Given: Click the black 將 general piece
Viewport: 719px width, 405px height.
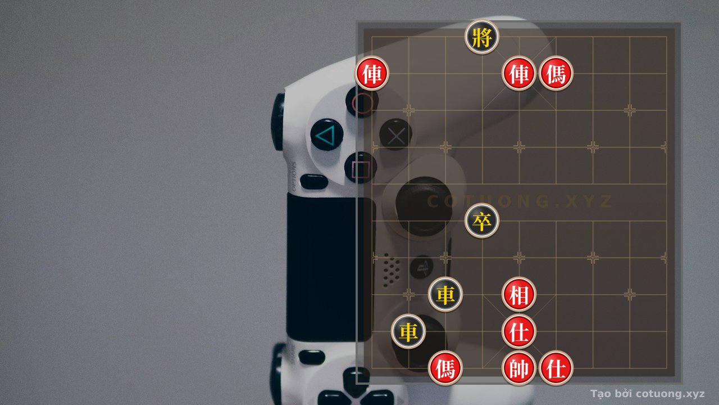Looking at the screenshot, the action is [x=482, y=37].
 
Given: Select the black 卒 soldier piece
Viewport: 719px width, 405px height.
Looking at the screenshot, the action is [x=482, y=221].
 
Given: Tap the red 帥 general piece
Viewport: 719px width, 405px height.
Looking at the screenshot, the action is [x=518, y=368].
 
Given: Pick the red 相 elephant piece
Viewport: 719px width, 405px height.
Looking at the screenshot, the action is [x=518, y=294].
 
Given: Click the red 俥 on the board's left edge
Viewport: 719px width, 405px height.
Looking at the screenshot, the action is [x=372, y=74].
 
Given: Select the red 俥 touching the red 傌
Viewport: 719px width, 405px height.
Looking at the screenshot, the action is [x=518, y=74].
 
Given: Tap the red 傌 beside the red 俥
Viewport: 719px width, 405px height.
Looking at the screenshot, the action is [x=556, y=74].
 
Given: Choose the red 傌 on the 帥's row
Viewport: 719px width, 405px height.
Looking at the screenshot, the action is [x=445, y=368].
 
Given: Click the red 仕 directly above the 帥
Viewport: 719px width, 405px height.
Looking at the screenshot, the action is [x=518, y=331].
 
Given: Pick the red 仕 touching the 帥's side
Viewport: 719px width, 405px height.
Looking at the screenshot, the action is [x=556, y=368].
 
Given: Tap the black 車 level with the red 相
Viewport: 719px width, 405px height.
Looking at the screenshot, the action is [x=445, y=294].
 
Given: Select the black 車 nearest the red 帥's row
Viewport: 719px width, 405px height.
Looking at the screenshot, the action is [x=408, y=331].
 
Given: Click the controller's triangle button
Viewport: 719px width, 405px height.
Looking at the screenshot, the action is [x=327, y=135].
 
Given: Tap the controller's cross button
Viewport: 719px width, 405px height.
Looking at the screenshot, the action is [x=396, y=134].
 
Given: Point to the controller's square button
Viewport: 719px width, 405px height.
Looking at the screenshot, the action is [x=361, y=168].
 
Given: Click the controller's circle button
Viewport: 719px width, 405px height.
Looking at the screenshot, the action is [x=362, y=102].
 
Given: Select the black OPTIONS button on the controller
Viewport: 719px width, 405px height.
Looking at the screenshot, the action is [x=314, y=182].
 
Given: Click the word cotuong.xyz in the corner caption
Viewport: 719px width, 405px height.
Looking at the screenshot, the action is [x=670, y=394].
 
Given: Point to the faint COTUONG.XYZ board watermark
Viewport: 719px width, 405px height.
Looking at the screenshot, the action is [x=520, y=201].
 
